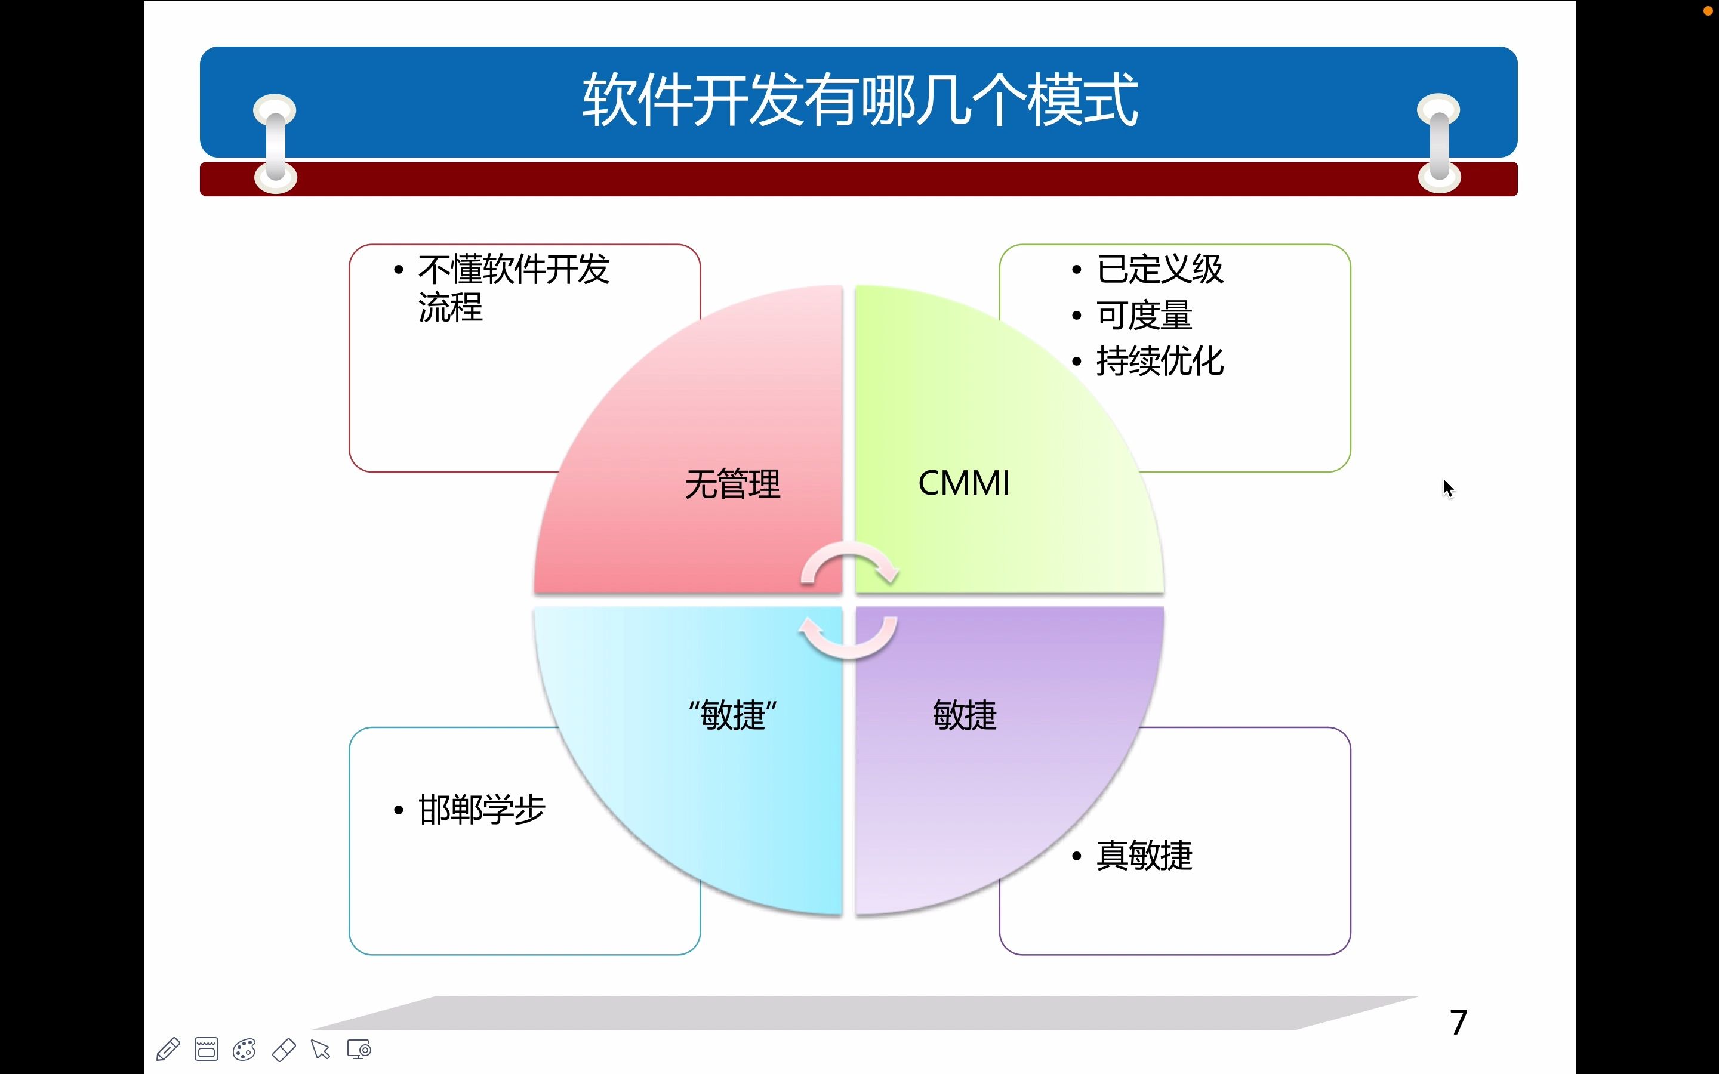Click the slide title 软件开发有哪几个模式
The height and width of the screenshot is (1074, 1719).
coord(860,101)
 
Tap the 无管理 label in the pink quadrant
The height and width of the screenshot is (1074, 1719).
coord(732,484)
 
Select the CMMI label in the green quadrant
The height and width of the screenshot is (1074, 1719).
coord(963,484)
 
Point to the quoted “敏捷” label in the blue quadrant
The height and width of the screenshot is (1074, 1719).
coord(732,715)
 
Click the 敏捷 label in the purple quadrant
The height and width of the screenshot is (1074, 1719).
coord(964,715)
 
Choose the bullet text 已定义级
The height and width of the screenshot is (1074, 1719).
coord(1159,270)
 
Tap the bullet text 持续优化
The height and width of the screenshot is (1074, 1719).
coord(1159,362)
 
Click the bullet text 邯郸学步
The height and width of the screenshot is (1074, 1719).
coord(482,810)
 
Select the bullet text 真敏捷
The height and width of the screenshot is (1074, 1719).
coord(1144,855)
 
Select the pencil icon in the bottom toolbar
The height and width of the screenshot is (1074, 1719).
coord(168,1049)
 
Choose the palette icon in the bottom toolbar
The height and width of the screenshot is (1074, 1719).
coord(244,1049)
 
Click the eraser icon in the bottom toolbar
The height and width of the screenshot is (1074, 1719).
coord(284,1049)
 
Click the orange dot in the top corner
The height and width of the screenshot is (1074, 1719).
coord(1708,11)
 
